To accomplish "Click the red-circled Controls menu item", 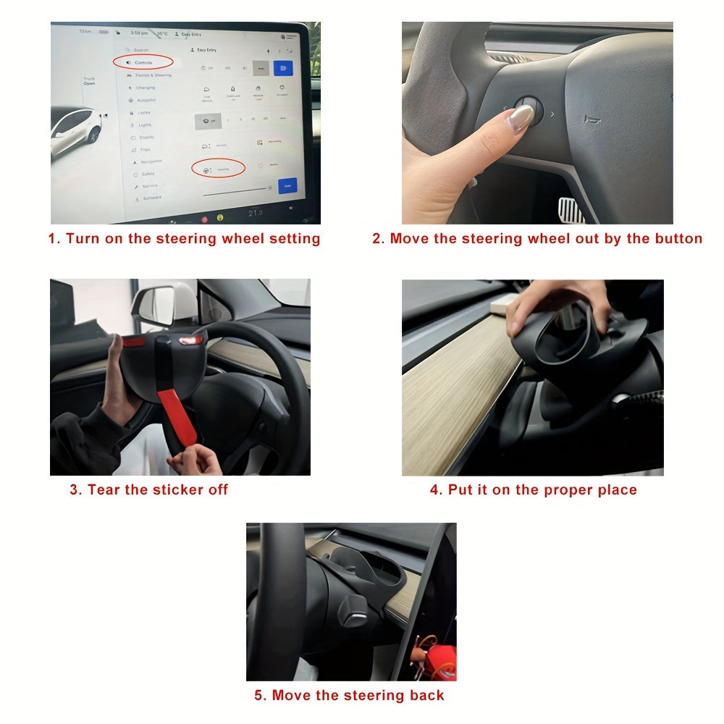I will [x=143, y=62].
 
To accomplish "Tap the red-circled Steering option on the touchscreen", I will [x=218, y=169].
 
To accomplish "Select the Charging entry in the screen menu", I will [x=145, y=88].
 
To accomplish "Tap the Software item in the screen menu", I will [x=151, y=198].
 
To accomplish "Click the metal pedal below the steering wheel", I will [x=571, y=210].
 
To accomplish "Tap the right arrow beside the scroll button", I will [x=553, y=114].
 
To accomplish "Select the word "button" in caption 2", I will [x=677, y=238].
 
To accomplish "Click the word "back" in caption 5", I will [x=426, y=696].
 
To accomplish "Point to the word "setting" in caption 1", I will [x=292, y=238].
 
